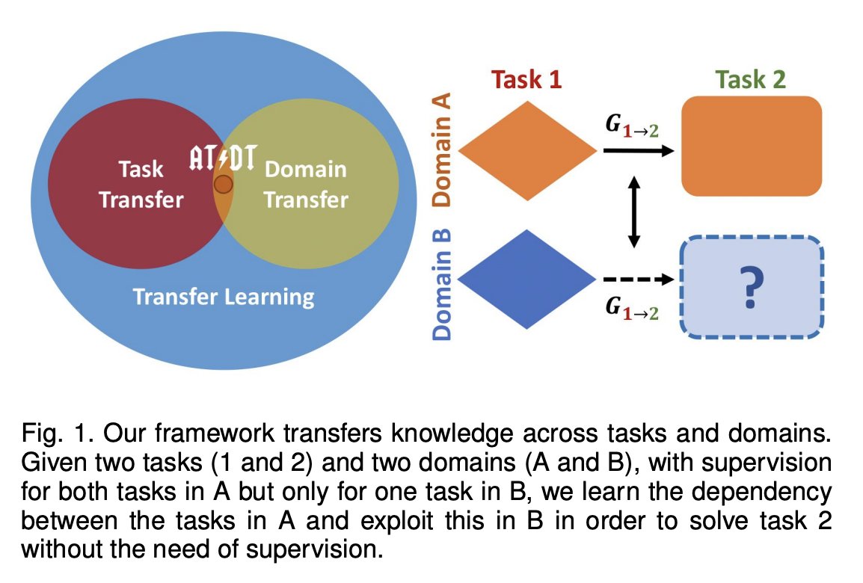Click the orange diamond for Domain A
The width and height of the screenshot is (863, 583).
pyautogui.click(x=528, y=152)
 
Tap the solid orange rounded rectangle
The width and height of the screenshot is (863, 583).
pyautogui.click(x=752, y=146)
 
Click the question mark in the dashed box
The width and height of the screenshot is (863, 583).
pyautogui.click(x=752, y=286)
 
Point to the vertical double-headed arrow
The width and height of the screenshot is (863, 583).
pyautogui.click(x=634, y=212)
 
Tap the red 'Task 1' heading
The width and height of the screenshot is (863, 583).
pyautogui.click(x=526, y=80)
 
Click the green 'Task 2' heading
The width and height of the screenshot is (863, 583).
pyautogui.click(x=750, y=80)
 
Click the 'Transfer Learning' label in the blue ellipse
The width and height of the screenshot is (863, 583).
pyautogui.click(x=224, y=297)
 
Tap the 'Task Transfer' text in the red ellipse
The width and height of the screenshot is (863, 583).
pyautogui.click(x=141, y=185)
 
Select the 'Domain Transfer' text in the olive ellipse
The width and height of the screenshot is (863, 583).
pyautogui.click(x=306, y=185)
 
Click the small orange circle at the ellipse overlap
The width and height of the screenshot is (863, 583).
pyautogui.click(x=224, y=184)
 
